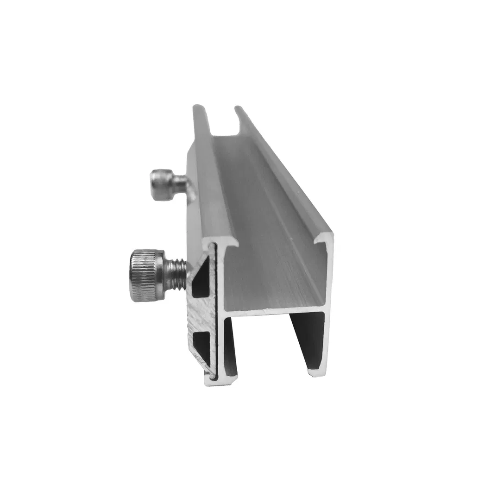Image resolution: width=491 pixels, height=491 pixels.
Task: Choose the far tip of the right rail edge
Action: [x=238, y=109]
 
